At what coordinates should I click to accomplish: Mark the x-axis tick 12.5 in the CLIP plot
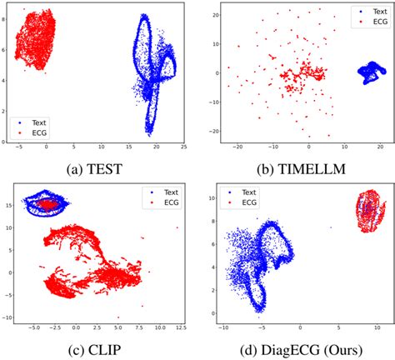point(177,328)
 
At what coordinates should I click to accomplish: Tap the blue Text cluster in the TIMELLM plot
point(365,72)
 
